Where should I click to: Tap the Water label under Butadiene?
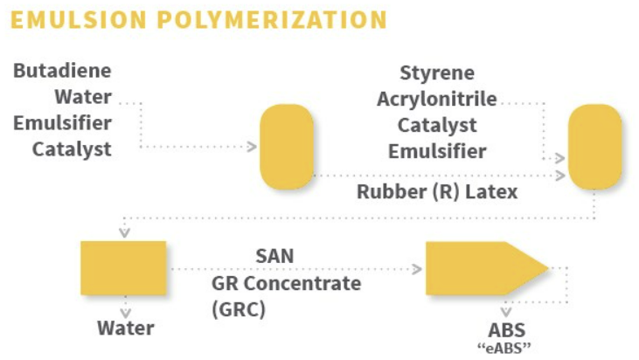82,96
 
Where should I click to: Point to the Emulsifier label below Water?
62,122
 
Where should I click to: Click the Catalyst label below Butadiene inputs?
72,149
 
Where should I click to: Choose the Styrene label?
436,73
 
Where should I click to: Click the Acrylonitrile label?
436,99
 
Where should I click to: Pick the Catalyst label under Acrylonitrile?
437,125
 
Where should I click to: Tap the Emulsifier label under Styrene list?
437,151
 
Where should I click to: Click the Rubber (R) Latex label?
437,191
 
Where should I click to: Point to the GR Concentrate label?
286,283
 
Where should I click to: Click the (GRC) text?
239,309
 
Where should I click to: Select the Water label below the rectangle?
125,329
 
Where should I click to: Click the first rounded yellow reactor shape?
286,147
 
